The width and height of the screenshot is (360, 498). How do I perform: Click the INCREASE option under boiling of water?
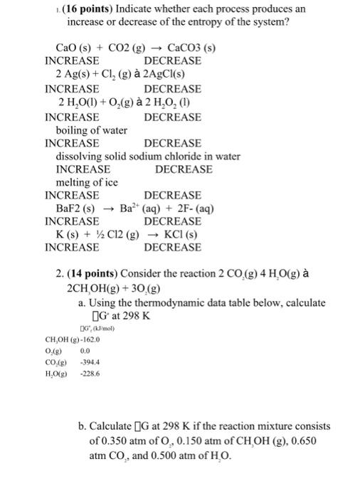pyautogui.click(x=72, y=143)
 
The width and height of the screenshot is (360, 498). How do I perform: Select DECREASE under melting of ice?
pyautogui.click(x=172, y=195)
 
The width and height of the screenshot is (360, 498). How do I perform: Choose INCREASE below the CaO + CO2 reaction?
pyautogui.click(x=72, y=61)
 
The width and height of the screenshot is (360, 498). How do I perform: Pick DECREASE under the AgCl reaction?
pyautogui.click(x=172, y=89)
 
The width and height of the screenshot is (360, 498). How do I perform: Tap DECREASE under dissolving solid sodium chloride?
pyautogui.click(x=183, y=169)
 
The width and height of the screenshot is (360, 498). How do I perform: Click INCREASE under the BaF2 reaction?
pyautogui.click(x=72, y=221)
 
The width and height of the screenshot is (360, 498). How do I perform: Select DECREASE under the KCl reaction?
pyautogui.click(x=172, y=248)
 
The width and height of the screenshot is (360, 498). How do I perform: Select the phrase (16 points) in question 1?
pyautogui.click(x=60, y=8)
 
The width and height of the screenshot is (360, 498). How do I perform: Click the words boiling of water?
pyautogui.click(x=91, y=131)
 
